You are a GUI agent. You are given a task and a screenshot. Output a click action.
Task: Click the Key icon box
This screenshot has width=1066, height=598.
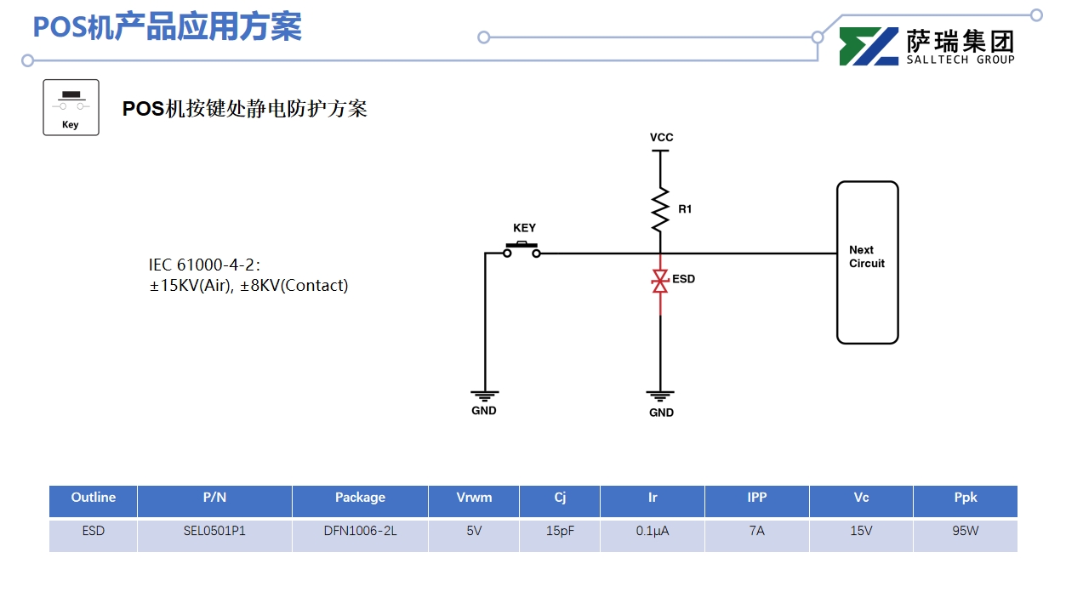click(71, 107)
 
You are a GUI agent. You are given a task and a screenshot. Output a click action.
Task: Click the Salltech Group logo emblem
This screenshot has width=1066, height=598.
click(869, 47)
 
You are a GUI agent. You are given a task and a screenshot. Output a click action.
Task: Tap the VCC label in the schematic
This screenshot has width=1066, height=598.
click(661, 138)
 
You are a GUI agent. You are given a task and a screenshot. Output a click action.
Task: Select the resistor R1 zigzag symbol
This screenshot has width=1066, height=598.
click(660, 209)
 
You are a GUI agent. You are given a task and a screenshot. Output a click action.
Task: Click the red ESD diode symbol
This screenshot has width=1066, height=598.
click(659, 282)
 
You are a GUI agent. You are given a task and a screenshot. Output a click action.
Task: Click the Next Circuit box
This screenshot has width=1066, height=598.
click(867, 262)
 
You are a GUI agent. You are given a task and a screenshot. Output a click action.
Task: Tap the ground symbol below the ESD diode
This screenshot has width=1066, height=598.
click(660, 396)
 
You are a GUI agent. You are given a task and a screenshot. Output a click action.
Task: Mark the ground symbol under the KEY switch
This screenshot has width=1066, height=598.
click(484, 395)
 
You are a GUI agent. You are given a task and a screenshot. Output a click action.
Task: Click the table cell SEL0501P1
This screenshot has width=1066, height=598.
click(214, 532)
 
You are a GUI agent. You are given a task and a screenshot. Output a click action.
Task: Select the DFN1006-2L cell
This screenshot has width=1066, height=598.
click(360, 532)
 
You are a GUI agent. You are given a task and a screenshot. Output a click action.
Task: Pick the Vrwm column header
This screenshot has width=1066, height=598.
click(474, 498)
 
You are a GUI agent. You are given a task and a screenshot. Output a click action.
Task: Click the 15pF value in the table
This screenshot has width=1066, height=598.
click(560, 532)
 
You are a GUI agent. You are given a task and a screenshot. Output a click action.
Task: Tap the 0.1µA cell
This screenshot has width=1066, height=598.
click(653, 532)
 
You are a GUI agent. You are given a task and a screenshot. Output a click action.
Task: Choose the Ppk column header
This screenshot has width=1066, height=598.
click(965, 498)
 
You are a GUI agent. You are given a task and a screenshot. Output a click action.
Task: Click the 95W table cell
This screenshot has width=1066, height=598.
click(965, 532)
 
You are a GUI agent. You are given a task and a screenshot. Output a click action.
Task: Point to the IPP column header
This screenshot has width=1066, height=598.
click(756, 498)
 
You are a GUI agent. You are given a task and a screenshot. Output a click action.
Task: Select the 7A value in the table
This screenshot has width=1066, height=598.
click(756, 532)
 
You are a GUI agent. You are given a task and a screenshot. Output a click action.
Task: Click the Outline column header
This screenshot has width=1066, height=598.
click(93, 498)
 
